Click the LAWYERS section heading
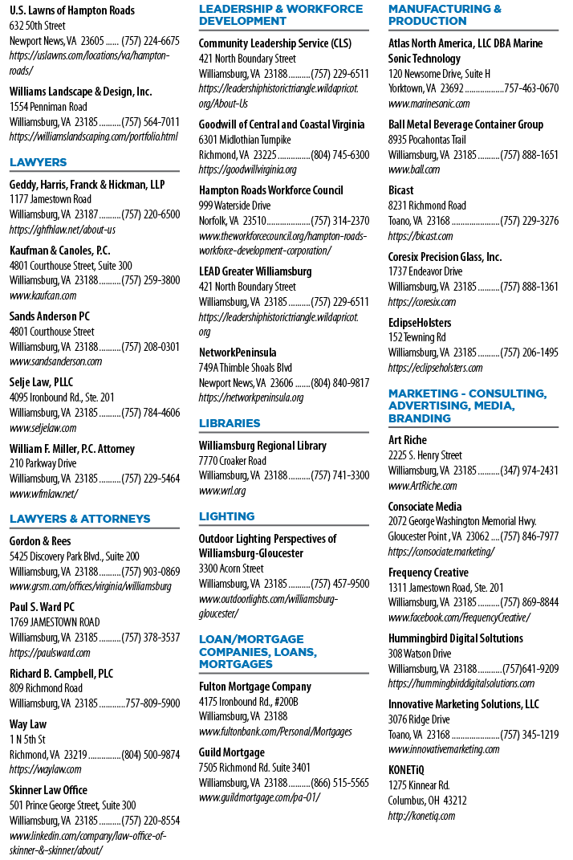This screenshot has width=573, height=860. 38,162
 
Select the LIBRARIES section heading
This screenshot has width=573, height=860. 230,423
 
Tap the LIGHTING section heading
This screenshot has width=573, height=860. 226,516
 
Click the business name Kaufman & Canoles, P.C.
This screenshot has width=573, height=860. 59,251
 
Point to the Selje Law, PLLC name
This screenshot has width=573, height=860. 41,382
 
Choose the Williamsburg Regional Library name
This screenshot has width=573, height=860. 262,446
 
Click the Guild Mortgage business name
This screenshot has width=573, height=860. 231,752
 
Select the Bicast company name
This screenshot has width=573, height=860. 400,190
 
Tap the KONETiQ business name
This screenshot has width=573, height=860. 406,770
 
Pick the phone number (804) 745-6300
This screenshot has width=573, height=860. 340,155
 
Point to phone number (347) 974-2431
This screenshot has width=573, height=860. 529,471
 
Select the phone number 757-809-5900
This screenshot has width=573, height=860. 152,703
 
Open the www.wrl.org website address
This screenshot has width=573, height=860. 222,491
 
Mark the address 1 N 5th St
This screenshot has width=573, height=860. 27,740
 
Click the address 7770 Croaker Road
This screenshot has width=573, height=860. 232,461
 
